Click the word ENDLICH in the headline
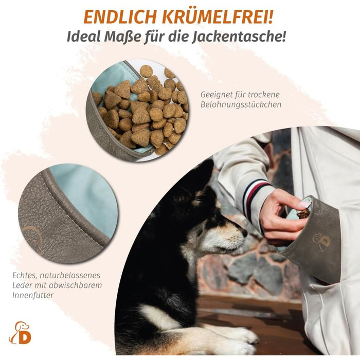[x=120, y=17]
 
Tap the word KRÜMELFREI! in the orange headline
[x=218, y=16]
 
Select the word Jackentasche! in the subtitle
[x=239, y=37]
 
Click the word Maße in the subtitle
[x=122, y=37]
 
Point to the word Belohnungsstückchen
[x=241, y=104]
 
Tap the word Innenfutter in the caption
[x=33, y=295]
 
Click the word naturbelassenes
[x=70, y=275]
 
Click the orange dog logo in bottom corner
[x=20, y=332]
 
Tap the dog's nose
[x=245, y=232]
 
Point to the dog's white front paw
[x=239, y=338]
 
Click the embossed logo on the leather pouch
[x=321, y=242]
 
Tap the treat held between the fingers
[x=303, y=213]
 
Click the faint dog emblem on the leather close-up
[x=33, y=239]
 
